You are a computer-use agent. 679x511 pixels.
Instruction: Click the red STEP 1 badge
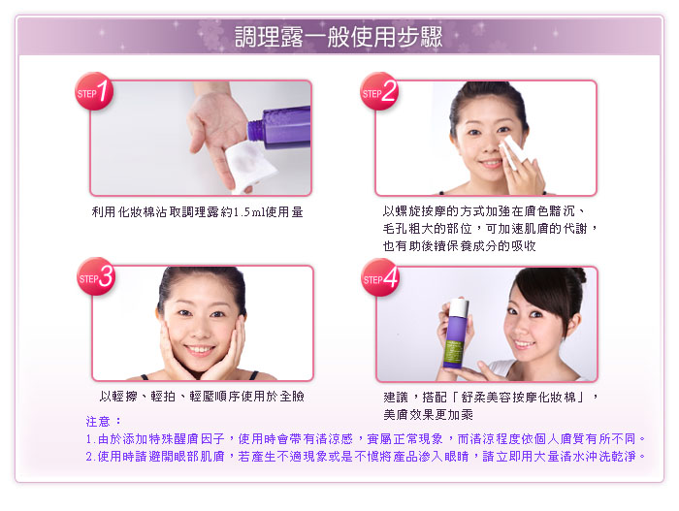[x=94, y=91]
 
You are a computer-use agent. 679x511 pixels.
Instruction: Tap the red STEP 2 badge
[x=379, y=91]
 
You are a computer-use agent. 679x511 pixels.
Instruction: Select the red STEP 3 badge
[x=96, y=276]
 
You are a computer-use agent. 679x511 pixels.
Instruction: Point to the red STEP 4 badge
[x=380, y=277]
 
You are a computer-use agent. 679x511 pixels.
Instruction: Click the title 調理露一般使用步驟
[x=339, y=37]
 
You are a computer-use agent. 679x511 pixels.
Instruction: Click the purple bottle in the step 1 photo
[x=279, y=128]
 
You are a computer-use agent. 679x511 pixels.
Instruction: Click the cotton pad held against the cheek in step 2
[x=513, y=151]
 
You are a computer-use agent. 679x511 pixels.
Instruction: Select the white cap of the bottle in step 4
[x=459, y=308]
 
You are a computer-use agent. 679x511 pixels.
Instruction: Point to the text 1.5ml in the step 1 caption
[x=248, y=212]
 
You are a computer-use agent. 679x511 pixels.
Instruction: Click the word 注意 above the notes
[x=98, y=421]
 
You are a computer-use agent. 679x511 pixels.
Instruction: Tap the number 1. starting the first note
[x=90, y=439]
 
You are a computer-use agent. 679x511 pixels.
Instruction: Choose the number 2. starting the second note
[x=90, y=457]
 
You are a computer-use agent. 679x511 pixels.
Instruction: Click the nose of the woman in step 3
[x=201, y=330]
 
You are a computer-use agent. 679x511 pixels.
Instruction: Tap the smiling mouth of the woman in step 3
[x=200, y=349]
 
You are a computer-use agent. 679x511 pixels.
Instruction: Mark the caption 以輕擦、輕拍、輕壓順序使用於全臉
[x=202, y=397]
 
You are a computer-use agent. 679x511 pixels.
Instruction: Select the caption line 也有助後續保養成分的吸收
[x=460, y=246]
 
